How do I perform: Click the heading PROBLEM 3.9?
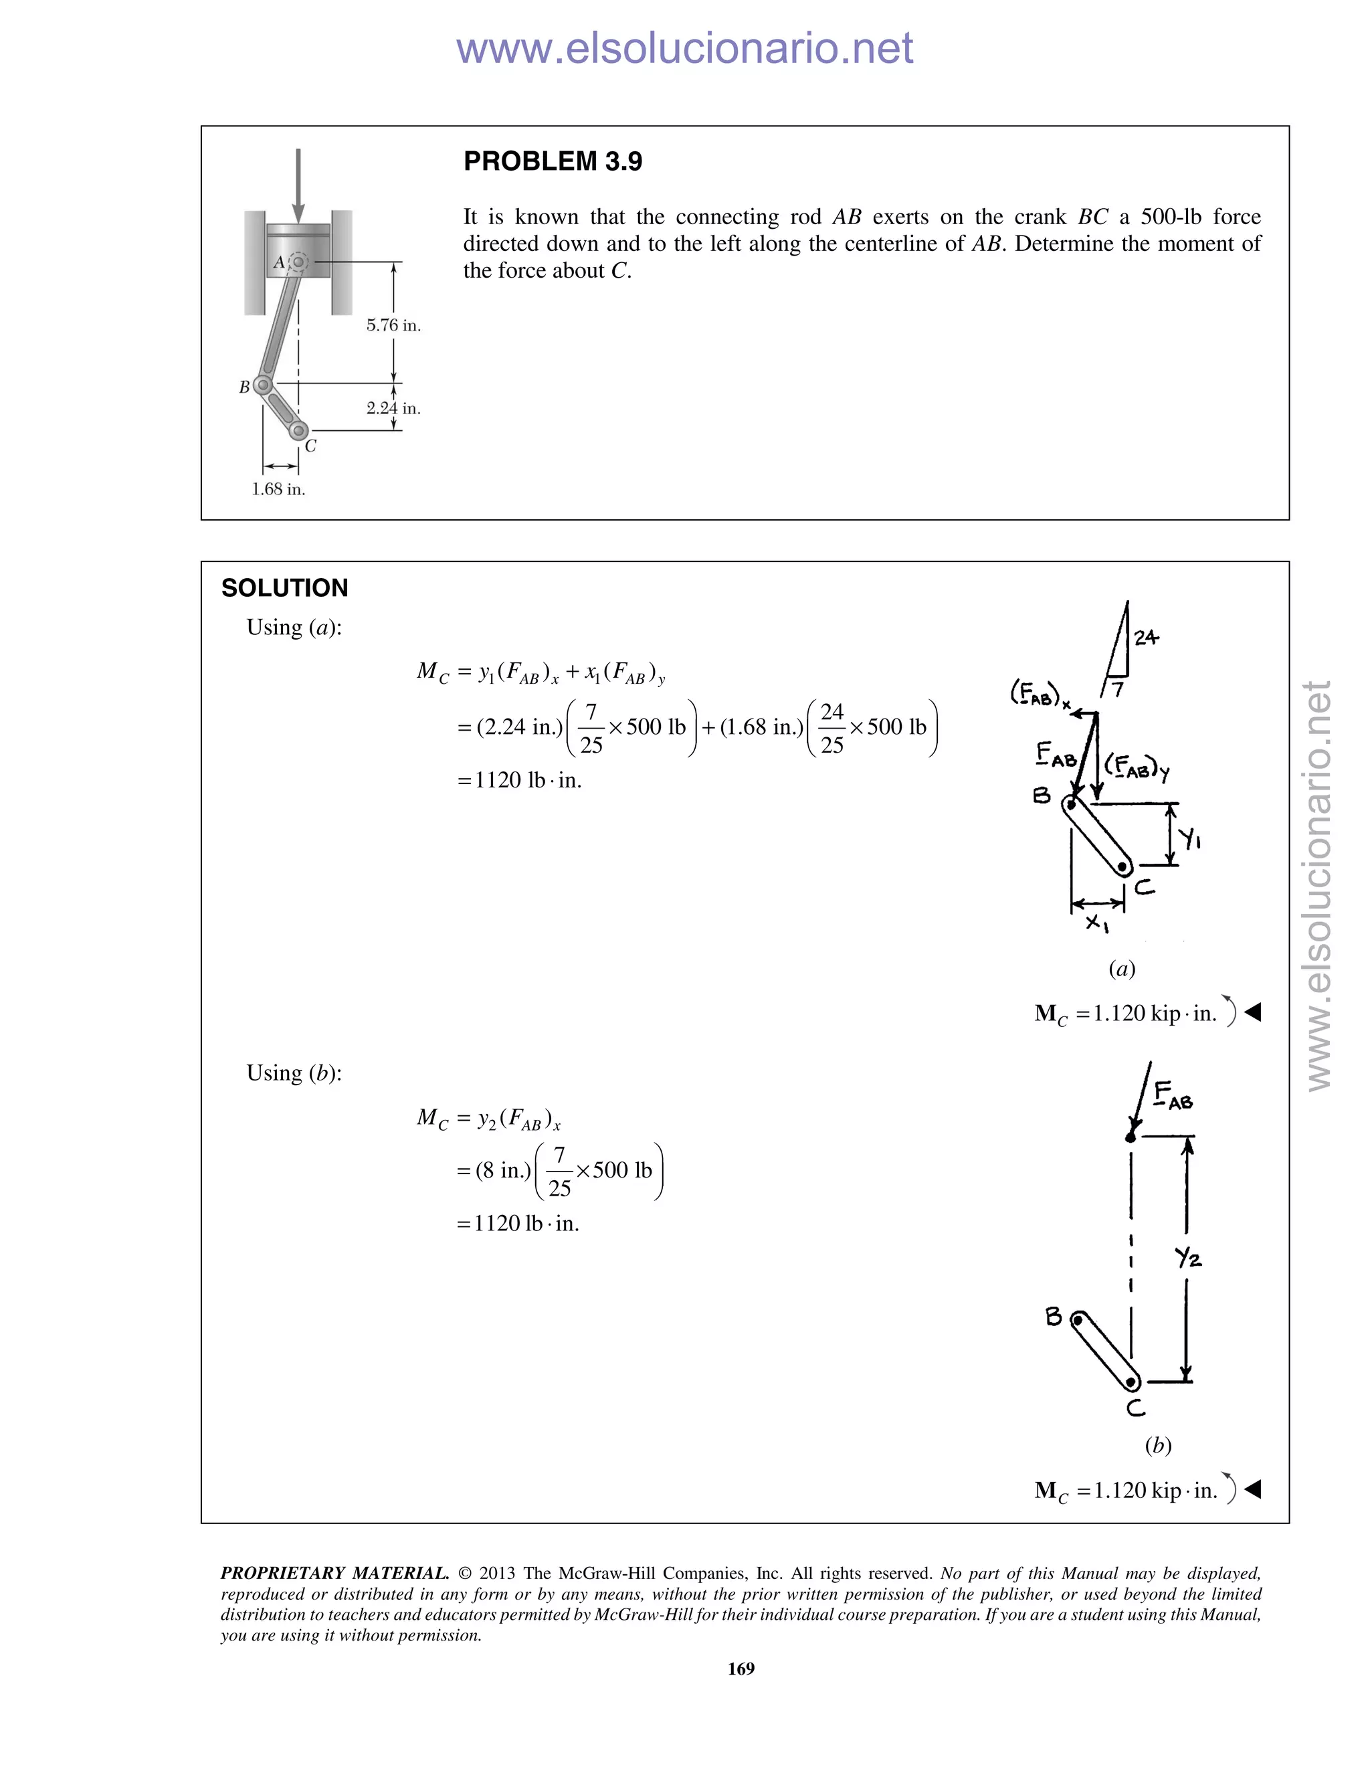[552, 161]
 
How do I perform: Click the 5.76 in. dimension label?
[393, 326]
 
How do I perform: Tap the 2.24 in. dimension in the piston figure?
[393, 408]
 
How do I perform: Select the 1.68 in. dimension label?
[278, 490]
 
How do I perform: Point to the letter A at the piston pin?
[278, 262]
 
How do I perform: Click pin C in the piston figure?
[298, 430]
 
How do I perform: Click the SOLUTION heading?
[284, 587]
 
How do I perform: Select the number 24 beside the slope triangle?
[1146, 638]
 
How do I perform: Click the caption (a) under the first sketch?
[1122, 969]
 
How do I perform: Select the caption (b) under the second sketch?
[1157, 1445]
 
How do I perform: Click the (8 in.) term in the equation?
[503, 1171]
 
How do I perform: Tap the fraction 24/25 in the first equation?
[832, 728]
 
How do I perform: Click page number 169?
[741, 1668]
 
